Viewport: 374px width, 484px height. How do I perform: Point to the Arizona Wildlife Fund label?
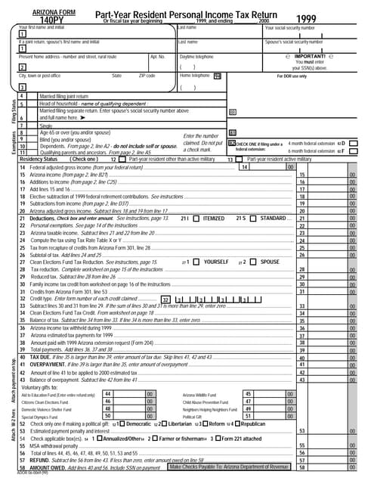coord(203,395)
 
